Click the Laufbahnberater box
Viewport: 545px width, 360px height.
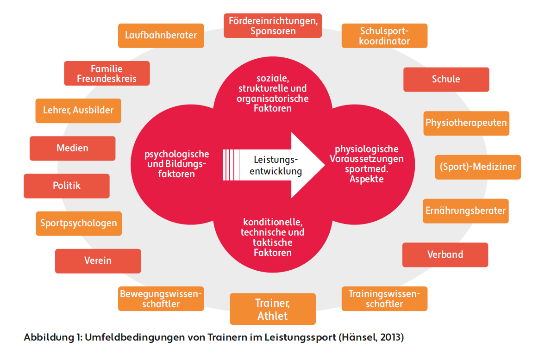pyautogui.click(x=161, y=36)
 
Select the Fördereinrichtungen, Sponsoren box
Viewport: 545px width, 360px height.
pyautogui.click(x=273, y=26)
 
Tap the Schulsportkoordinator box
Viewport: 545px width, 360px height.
pyautogui.click(x=384, y=36)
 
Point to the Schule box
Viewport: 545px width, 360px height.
pyautogui.click(x=446, y=79)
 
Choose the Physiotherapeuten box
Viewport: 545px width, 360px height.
pyautogui.click(x=466, y=123)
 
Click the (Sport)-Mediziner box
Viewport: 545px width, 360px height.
pyautogui.click(x=478, y=167)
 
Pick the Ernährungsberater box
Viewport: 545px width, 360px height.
pyautogui.click(x=465, y=211)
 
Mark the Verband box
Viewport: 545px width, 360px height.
pyautogui.click(x=445, y=254)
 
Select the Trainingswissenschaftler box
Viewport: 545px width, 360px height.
pyautogui.click(x=384, y=298)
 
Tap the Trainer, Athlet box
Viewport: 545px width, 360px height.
pyautogui.click(x=273, y=309)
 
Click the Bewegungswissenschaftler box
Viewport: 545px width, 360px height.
pyautogui.click(x=161, y=298)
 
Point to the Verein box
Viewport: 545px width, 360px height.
pyautogui.click(x=98, y=261)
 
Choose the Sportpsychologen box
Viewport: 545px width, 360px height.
pyautogui.click(x=79, y=223)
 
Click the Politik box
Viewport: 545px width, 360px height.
pyautogui.click(x=67, y=186)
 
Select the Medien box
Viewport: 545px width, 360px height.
pyautogui.click(x=72, y=148)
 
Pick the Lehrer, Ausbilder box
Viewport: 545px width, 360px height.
pyautogui.click(x=78, y=111)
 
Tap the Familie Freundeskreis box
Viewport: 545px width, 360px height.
pyautogui.click(x=106, y=73)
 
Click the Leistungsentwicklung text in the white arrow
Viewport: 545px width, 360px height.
pyautogui.click(x=276, y=165)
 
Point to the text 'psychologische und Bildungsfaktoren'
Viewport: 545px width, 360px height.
pyautogui.click(x=176, y=164)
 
